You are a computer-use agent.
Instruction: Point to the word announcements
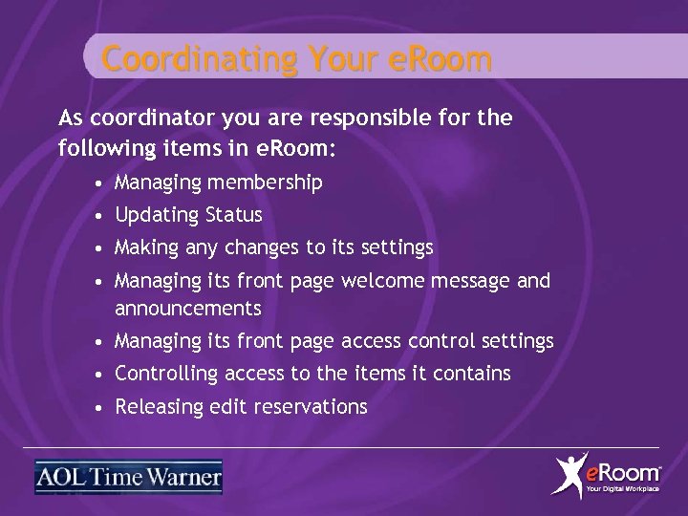(187, 309)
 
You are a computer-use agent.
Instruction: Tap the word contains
(474, 374)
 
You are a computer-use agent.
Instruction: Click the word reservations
(312, 407)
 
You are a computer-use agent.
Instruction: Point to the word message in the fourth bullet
(475, 281)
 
